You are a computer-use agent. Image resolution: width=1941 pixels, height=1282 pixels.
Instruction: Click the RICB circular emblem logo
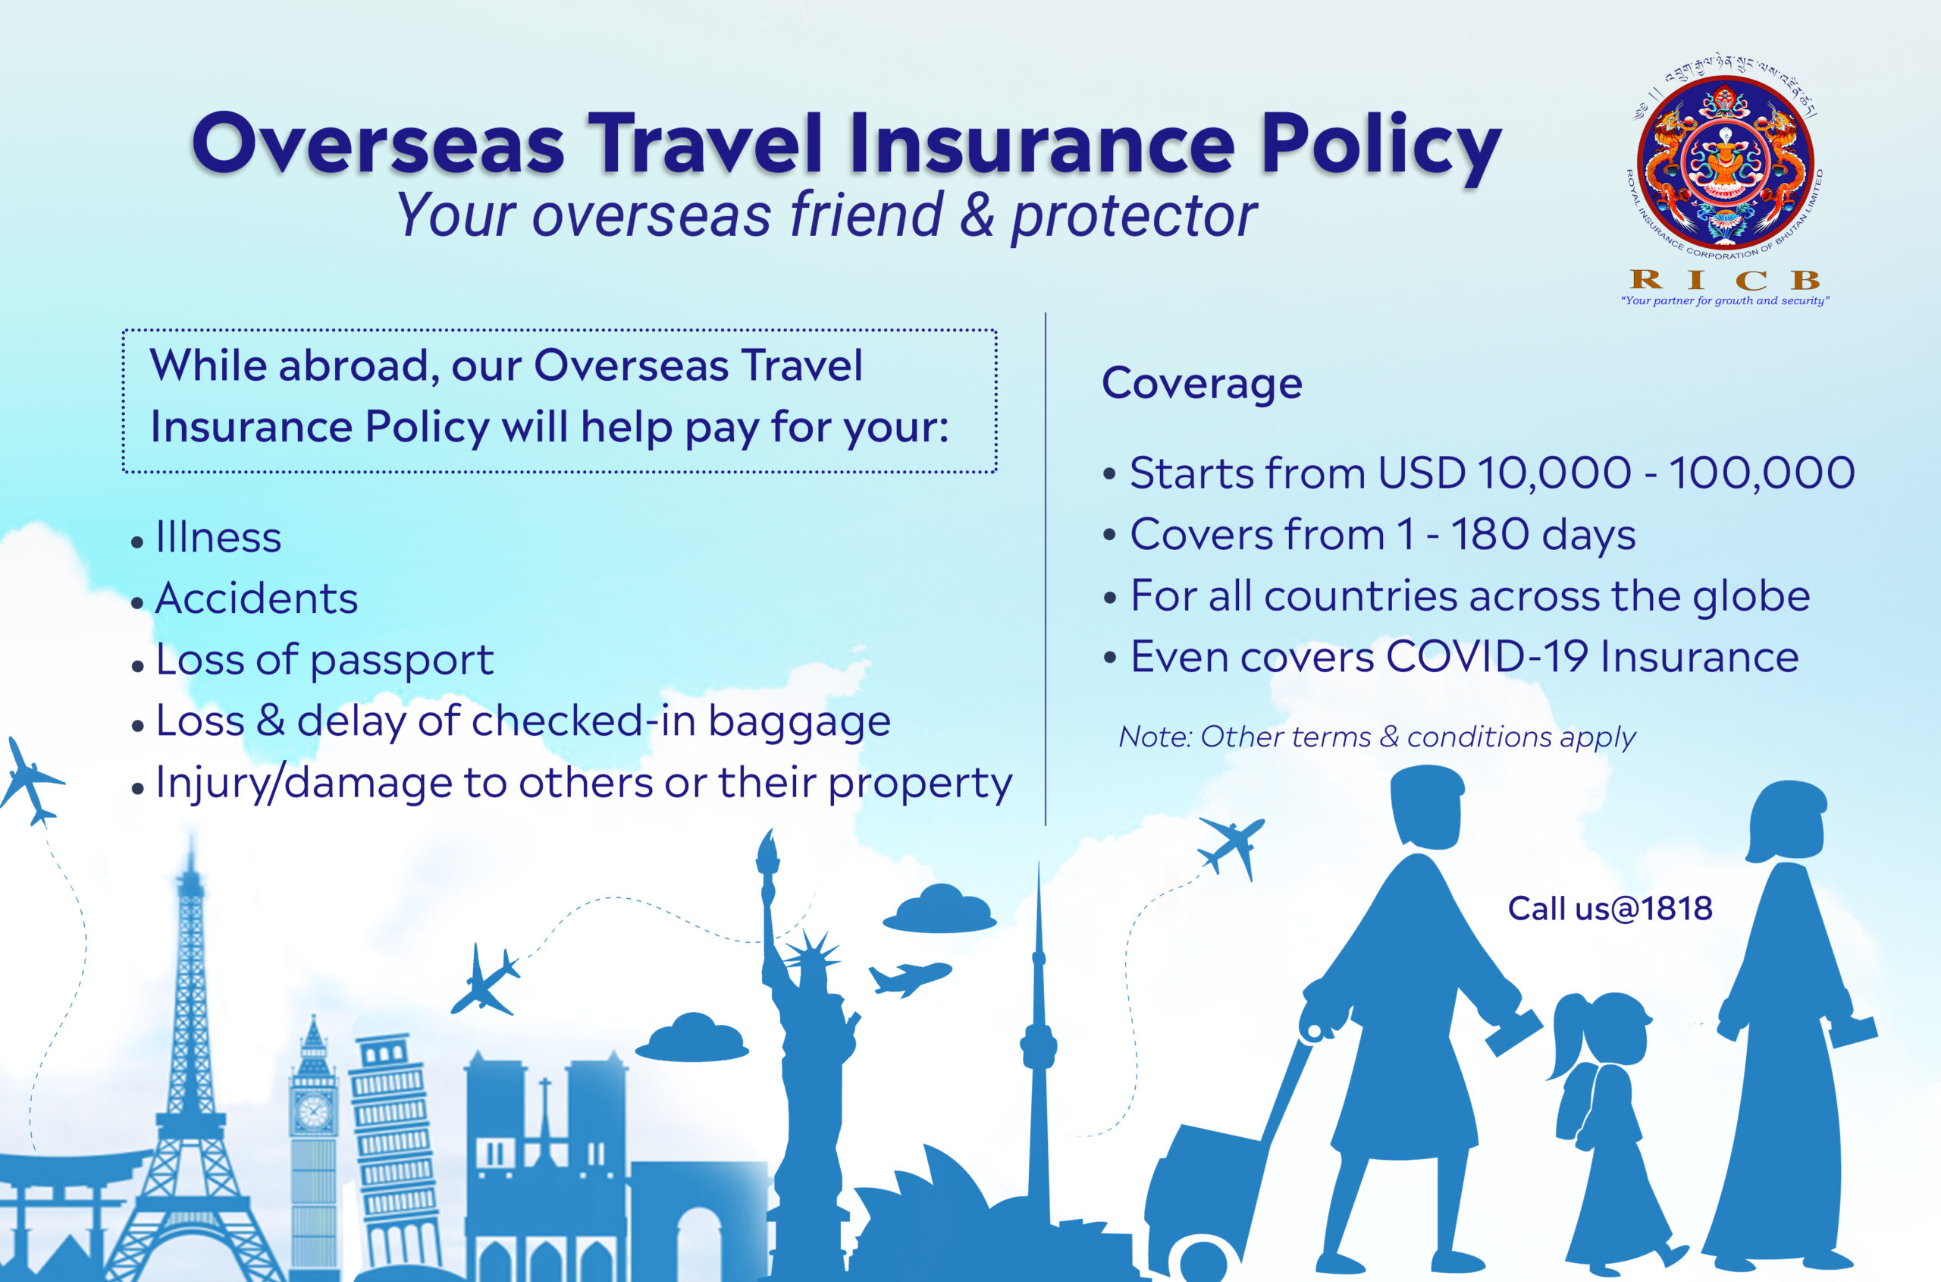click(x=1726, y=164)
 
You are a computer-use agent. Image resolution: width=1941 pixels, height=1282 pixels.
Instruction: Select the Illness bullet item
click(x=206, y=537)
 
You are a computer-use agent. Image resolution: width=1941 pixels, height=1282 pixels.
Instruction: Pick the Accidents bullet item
click(x=244, y=599)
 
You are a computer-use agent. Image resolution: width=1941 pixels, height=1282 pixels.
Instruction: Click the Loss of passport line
click(x=312, y=661)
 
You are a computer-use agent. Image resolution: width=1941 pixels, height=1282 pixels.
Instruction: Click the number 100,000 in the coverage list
click(x=1761, y=473)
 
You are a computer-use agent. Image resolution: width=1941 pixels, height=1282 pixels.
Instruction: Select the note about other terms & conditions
click(x=1377, y=737)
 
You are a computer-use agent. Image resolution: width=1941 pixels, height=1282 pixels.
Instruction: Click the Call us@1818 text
click(x=1610, y=908)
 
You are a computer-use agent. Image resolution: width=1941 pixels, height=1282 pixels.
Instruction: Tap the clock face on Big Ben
click(x=313, y=1112)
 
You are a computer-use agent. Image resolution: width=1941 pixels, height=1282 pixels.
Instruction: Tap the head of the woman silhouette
click(x=1786, y=822)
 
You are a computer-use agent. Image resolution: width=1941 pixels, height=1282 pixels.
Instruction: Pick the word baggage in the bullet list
click(x=798, y=723)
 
